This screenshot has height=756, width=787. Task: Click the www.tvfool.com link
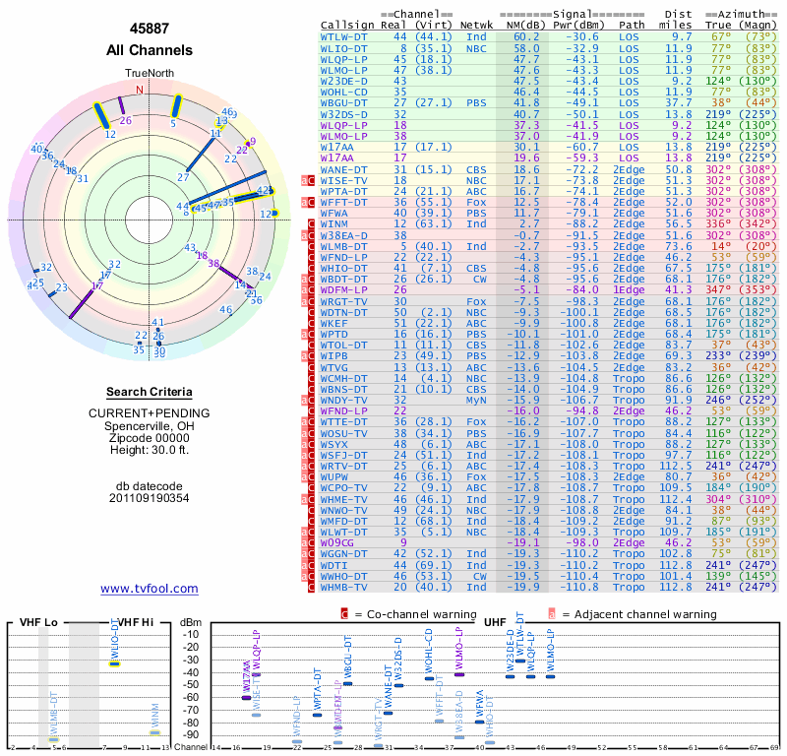pos(150,589)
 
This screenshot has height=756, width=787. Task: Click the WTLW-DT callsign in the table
pos(344,35)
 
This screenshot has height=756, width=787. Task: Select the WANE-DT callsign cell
pos(344,169)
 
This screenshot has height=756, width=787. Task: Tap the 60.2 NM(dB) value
pos(526,35)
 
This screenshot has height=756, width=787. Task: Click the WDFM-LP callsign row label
pos(344,290)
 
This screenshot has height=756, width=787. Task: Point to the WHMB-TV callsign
pos(344,587)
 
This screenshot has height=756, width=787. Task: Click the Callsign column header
pos(347,23)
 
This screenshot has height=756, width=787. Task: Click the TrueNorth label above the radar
pos(149,74)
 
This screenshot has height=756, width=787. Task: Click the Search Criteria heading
pos(150,391)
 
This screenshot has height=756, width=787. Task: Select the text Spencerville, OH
pos(150,425)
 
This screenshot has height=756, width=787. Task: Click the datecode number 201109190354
pos(150,498)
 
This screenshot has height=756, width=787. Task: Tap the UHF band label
pos(496,622)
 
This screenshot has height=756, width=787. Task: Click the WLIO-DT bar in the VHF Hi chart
pos(115,663)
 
